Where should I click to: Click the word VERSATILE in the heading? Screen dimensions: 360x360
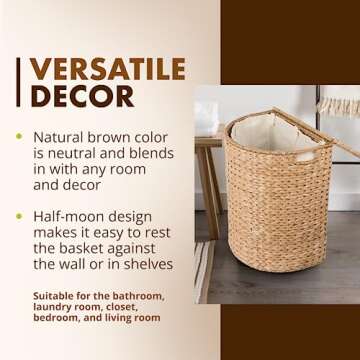[x=108, y=69]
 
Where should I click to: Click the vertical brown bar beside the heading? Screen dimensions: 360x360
[x=19, y=84]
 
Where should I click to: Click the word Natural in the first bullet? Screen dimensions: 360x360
[x=62, y=136]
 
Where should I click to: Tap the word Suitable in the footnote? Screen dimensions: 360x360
[x=55, y=297]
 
